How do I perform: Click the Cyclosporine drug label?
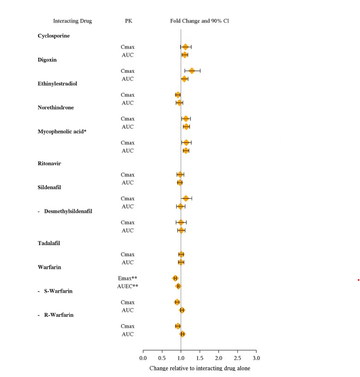[54, 36]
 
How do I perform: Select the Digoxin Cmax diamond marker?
[192, 71]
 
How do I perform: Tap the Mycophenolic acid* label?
[62, 132]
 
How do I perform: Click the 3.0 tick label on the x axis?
[256, 358]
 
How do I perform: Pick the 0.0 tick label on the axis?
[143, 358]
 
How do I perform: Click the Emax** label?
[128, 278]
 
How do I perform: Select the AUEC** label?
[128, 286]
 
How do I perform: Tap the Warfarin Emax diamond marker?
[175, 278]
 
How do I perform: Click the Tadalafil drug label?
[50, 243]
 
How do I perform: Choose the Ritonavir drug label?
[49, 164]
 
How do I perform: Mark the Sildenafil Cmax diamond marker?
[186, 198]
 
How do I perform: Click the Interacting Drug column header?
[73, 21]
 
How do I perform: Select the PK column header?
[128, 21]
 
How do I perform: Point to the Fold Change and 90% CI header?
[199, 21]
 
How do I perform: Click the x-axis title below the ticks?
[200, 368]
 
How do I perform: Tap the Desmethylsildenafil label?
[68, 212]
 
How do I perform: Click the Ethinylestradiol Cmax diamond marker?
[178, 95]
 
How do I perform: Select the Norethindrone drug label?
[55, 108]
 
